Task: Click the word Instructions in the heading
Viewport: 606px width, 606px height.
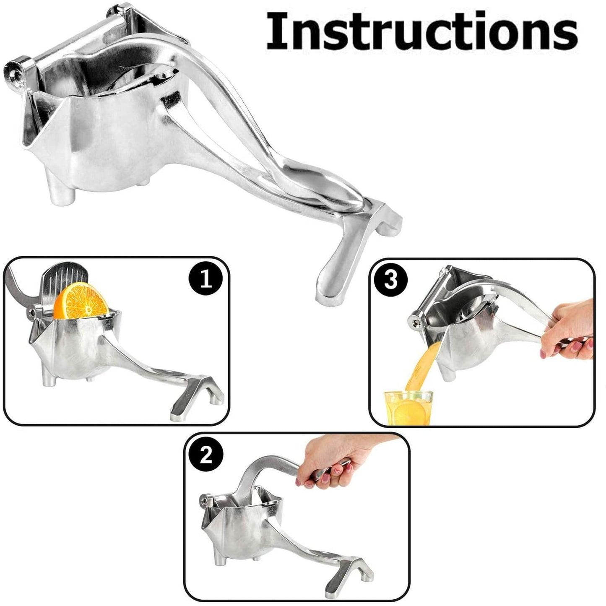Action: pyautogui.click(x=421, y=31)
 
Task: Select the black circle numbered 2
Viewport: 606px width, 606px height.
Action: pyautogui.click(x=205, y=455)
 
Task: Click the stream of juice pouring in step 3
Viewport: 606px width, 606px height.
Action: pyautogui.click(x=419, y=365)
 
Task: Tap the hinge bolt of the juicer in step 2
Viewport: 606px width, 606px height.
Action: pyautogui.click(x=205, y=501)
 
